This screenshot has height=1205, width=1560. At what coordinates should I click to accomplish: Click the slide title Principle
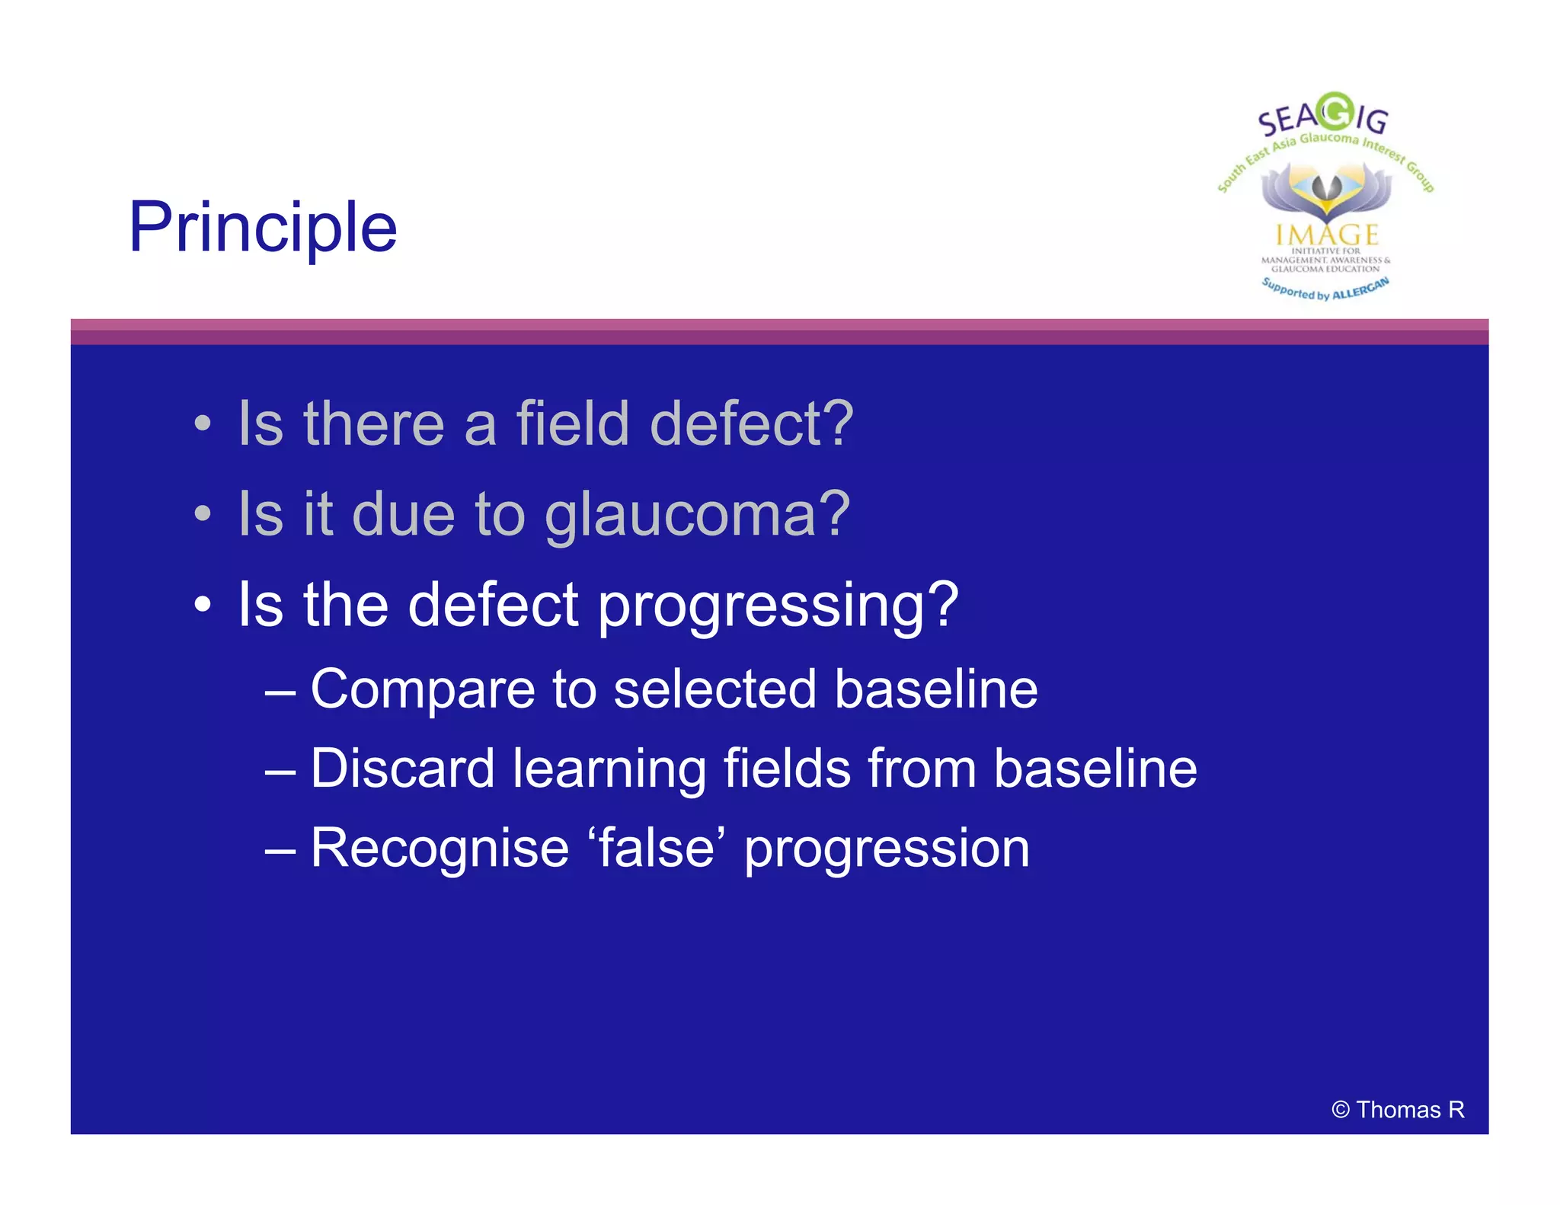[263, 227]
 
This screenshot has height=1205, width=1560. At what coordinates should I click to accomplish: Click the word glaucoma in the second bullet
[697, 515]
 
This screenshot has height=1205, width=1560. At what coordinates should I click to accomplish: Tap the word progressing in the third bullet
[777, 606]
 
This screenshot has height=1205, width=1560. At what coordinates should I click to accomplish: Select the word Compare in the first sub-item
[422, 690]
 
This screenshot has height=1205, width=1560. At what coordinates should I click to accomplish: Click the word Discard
[402, 769]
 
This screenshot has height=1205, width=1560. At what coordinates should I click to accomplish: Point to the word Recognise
[440, 849]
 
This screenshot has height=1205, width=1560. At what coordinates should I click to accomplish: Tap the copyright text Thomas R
[1399, 1110]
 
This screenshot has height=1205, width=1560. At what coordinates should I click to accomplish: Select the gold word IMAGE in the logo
[1327, 235]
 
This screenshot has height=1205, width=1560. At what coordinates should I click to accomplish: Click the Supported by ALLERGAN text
[1325, 289]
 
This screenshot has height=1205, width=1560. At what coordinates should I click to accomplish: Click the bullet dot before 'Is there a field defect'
[202, 424]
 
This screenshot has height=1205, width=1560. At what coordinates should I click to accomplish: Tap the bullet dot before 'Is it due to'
[202, 513]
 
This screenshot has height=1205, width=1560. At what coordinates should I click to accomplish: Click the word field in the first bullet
[572, 424]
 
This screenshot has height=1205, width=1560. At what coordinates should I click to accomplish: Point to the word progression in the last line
[887, 849]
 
